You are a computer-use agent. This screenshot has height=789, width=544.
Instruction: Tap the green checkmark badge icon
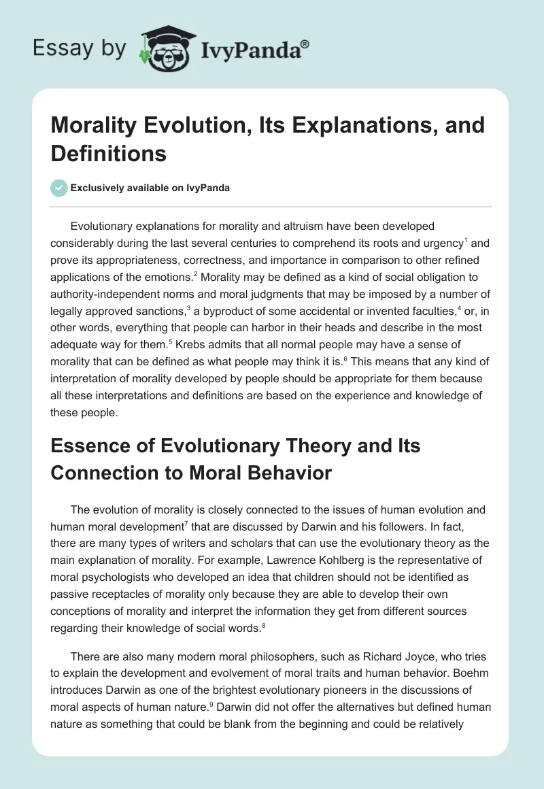(59, 188)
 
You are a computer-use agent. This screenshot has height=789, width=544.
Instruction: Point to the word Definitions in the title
(109, 154)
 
